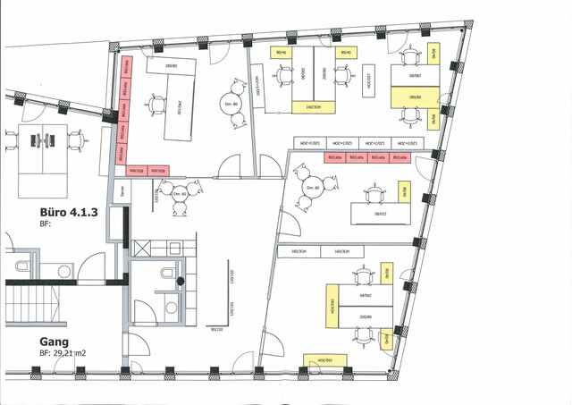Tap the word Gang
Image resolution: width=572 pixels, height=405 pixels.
[55, 341]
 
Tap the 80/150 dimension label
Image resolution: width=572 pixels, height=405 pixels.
[215, 329]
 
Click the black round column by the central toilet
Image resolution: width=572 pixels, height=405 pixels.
[180, 283]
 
